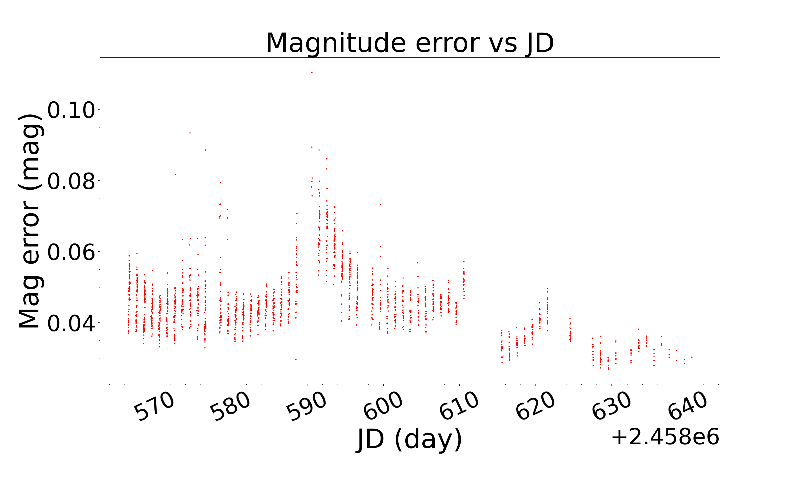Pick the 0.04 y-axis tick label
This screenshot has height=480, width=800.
tap(71, 323)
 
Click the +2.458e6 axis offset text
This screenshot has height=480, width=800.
tap(665, 437)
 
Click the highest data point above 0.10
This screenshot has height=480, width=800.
tap(312, 73)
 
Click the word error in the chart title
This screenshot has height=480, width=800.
tap(447, 44)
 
